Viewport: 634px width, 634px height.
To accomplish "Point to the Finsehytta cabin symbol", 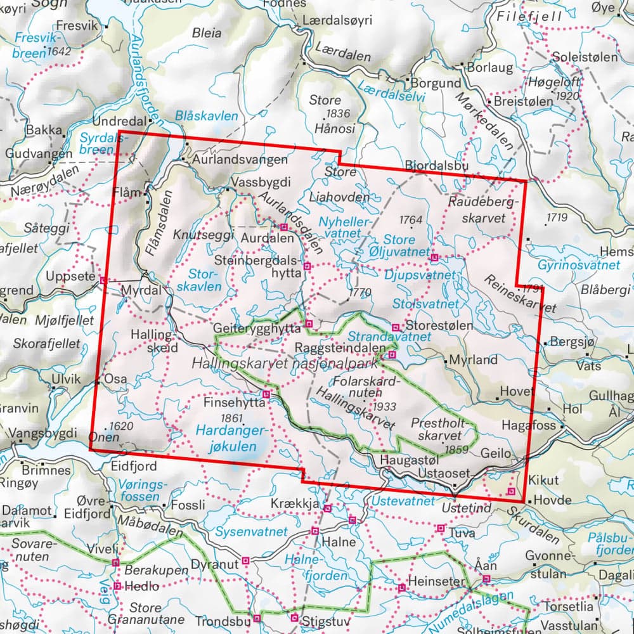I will coord(267,394).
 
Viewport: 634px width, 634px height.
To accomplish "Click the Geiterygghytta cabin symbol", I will coord(309,325).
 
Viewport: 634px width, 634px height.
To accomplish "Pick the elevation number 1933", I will coord(385,406).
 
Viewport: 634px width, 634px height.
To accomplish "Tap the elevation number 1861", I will coord(232,418).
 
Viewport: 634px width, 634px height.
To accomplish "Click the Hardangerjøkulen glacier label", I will coord(232,439).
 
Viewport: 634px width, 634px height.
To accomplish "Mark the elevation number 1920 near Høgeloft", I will coord(566,96).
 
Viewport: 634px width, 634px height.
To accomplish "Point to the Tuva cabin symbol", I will coord(441,528).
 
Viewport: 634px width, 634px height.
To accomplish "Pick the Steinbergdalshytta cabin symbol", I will coord(307,267).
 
